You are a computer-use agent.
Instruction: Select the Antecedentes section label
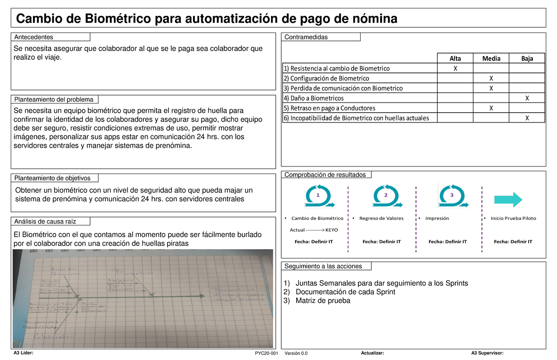(x=34, y=37)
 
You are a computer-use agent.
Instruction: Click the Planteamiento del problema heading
(x=54, y=99)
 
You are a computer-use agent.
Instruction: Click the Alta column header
(x=455, y=58)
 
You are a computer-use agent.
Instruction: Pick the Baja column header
(x=526, y=58)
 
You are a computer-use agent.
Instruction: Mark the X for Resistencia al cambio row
(x=455, y=68)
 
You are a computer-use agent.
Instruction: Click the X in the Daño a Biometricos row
(x=526, y=98)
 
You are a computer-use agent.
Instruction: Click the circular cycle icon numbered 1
(x=318, y=196)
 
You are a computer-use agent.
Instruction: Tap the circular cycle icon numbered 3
(x=452, y=196)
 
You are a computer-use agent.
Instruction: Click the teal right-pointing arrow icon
(x=508, y=199)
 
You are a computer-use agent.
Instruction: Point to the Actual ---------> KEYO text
(x=314, y=230)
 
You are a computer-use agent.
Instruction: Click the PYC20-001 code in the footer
(x=266, y=354)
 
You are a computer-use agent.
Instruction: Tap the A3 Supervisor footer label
(x=487, y=354)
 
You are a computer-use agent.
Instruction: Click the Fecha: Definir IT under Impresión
(x=447, y=242)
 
